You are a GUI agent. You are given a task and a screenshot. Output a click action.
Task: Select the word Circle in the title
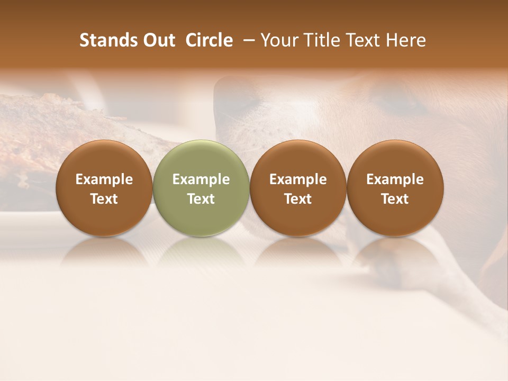click(x=209, y=41)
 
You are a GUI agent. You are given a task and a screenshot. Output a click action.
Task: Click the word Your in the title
click(x=278, y=41)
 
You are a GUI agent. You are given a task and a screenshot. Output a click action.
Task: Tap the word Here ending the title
click(x=406, y=41)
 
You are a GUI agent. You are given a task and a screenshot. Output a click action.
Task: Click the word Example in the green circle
click(x=201, y=179)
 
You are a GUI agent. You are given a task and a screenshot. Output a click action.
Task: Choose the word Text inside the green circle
click(x=201, y=199)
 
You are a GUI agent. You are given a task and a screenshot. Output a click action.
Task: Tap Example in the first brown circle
click(x=104, y=179)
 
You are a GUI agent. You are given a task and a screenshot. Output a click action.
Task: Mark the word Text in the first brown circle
click(x=104, y=199)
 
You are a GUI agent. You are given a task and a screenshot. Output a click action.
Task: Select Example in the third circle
click(x=298, y=179)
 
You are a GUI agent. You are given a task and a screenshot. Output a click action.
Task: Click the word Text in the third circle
click(x=298, y=199)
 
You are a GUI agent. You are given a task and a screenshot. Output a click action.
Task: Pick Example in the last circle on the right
click(x=395, y=179)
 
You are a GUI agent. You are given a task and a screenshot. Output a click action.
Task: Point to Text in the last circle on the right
click(x=395, y=199)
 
